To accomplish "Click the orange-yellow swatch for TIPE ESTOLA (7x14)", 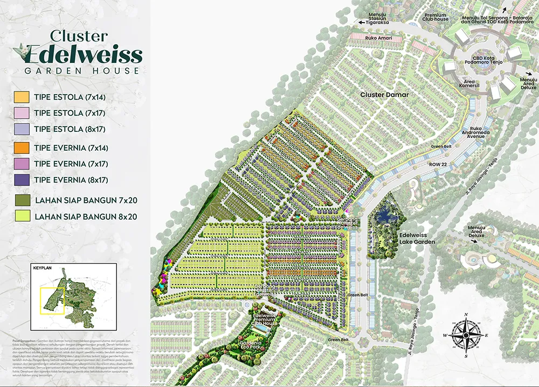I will click(21, 97).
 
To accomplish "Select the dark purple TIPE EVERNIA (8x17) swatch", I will click(21, 180).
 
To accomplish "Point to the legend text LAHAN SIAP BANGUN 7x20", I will click(86, 200).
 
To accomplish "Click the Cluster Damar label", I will click(385, 95).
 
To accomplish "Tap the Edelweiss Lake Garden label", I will click(417, 238).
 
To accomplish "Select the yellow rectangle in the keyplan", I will click(53, 300).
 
